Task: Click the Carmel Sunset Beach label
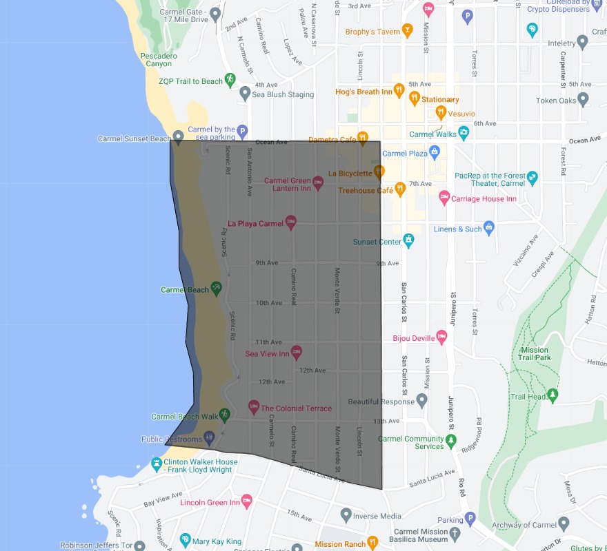coord(134,138)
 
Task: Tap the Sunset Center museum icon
coord(409,240)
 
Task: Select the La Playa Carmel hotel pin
coord(291,222)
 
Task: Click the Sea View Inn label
coord(268,353)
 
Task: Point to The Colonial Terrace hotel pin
coord(253,407)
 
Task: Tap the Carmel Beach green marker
coord(216,289)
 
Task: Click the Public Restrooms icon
coord(209,439)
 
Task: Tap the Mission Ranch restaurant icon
coord(373,543)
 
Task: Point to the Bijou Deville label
coord(413,337)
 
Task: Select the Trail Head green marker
coord(552,396)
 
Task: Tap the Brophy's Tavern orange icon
coord(408,31)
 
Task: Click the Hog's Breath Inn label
coord(364,92)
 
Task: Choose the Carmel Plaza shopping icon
coord(434,153)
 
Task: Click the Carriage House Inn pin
coord(445,198)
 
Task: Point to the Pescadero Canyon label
coord(159,59)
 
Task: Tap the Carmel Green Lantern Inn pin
coord(318,183)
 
